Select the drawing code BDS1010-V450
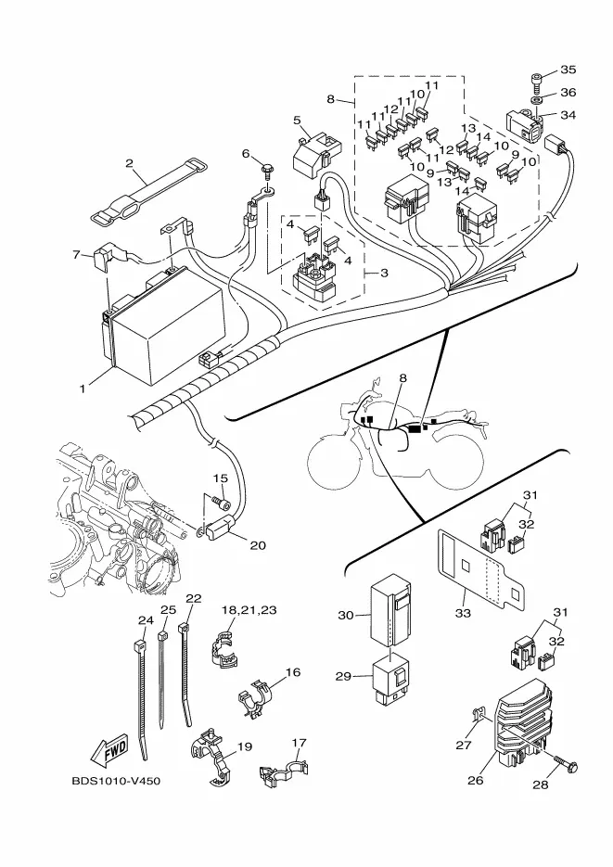[x=116, y=782]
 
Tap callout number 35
[x=568, y=70]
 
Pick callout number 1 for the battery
[x=83, y=389]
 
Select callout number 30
[x=346, y=615]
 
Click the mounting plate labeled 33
[x=482, y=569]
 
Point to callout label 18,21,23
[x=249, y=610]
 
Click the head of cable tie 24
[x=139, y=645]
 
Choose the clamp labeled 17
[x=283, y=771]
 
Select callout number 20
[x=258, y=545]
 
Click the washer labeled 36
[x=536, y=101]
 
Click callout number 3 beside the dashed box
[x=384, y=274]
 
